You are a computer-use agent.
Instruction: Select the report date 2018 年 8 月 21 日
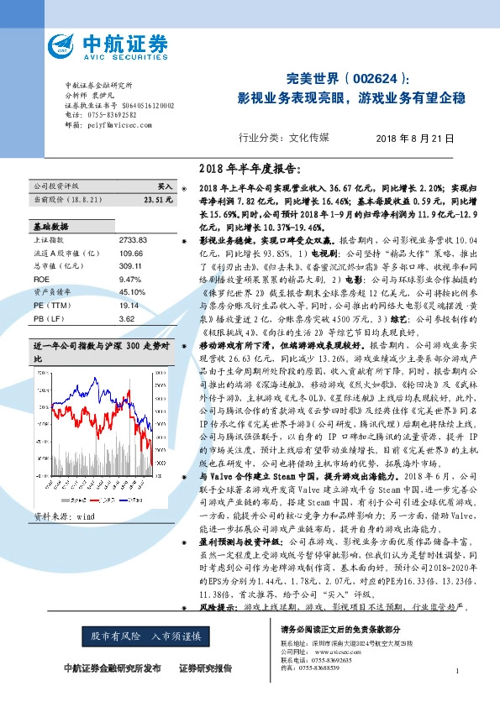click(x=415, y=139)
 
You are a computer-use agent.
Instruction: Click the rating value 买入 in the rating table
click(x=166, y=186)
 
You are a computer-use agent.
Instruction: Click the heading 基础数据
click(x=50, y=227)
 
